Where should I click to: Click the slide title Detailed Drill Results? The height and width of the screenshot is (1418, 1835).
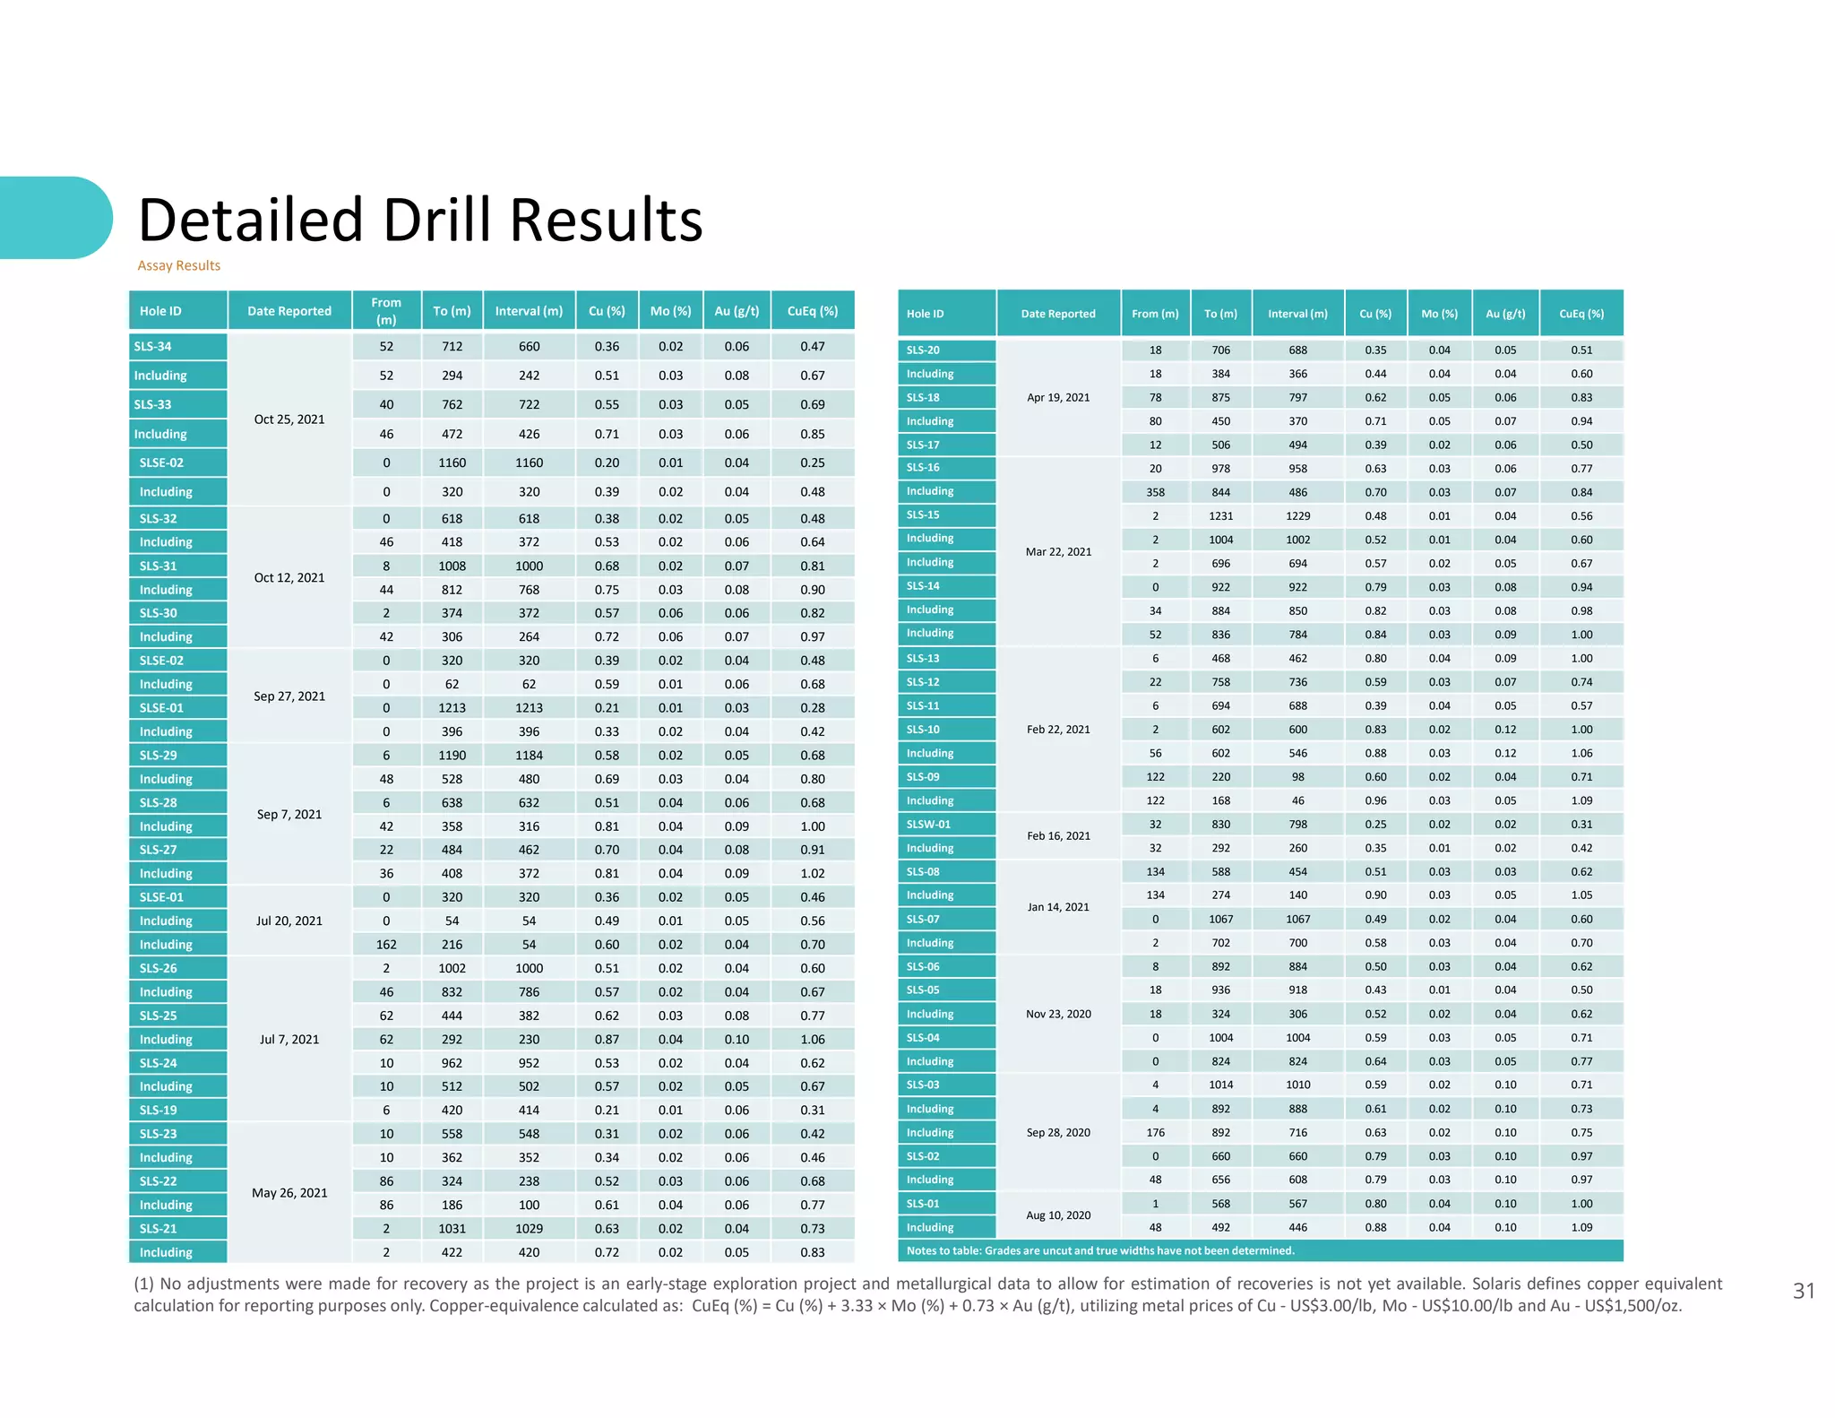pos(419,220)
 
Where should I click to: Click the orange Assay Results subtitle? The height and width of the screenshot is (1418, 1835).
pos(178,265)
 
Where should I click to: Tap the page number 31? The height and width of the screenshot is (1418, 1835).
pos(1803,1291)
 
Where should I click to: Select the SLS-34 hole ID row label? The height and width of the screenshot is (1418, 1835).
pos(153,346)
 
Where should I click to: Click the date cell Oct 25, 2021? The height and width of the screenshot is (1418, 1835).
pos(289,419)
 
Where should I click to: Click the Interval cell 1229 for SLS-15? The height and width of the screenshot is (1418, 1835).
pos(1297,516)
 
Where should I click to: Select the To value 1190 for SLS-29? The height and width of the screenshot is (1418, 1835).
pos(452,756)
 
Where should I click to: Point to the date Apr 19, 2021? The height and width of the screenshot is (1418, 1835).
pos(1058,398)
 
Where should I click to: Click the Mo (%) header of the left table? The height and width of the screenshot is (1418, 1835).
pos(670,311)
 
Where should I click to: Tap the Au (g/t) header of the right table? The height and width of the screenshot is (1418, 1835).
pos(1504,314)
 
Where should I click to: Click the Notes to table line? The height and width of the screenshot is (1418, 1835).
pos(1099,1250)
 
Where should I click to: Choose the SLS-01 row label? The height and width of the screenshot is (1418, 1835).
pos(923,1204)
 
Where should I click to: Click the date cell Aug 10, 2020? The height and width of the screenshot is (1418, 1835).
pos(1058,1215)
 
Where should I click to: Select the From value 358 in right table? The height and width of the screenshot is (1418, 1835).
pos(1155,492)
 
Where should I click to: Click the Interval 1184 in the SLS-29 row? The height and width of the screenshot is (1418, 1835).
pos(529,756)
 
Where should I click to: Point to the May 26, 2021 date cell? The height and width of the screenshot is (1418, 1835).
pos(289,1193)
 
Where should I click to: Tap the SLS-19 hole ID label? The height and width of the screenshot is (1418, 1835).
pos(158,1110)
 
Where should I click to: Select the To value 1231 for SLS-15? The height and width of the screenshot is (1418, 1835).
pos(1220,516)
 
